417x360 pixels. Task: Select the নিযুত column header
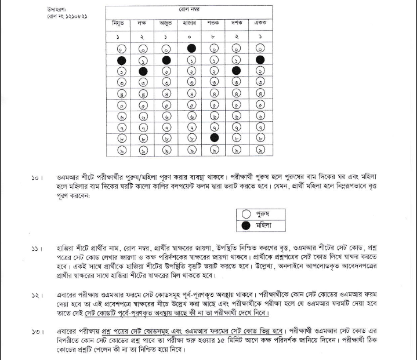[121, 23]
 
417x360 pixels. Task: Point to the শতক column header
[213, 23]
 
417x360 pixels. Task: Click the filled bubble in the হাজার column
[190, 49]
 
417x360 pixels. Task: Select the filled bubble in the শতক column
[214, 138]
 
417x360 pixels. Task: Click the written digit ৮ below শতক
[213, 37]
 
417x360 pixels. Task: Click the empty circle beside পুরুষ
[245, 214]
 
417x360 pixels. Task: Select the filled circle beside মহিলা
[245, 225]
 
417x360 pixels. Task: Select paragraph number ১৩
[37, 332]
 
